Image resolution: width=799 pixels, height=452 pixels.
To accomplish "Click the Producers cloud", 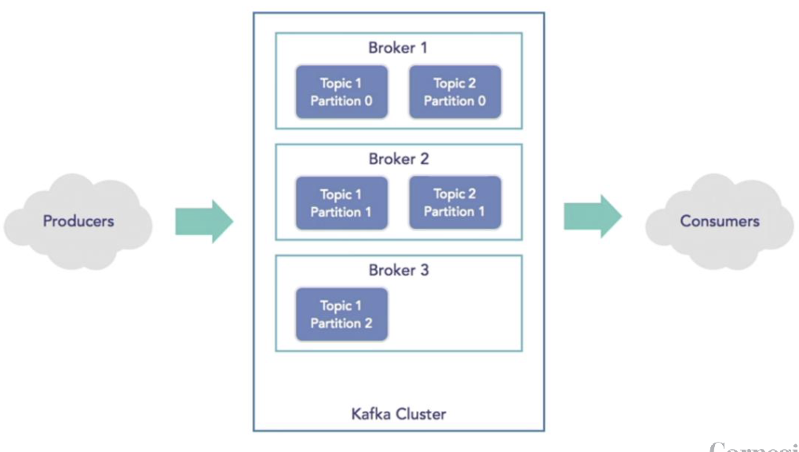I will [x=78, y=222].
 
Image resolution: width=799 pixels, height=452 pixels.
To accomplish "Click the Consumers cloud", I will [x=719, y=222].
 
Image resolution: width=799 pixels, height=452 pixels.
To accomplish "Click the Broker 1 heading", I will [x=398, y=48].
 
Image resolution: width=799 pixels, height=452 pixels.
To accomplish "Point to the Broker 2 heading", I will [x=398, y=159].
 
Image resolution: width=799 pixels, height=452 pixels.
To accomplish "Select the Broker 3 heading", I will [x=398, y=271].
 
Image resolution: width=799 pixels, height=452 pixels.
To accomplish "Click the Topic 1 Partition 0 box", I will [x=341, y=92].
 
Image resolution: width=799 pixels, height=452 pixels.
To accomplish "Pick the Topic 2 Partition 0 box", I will [x=454, y=92].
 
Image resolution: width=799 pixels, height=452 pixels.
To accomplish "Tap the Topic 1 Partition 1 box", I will [x=341, y=203].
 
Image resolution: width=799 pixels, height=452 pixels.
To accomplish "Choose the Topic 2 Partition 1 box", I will [x=454, y=203].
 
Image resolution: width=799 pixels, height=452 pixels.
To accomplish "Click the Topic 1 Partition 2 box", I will [x=341, y=315].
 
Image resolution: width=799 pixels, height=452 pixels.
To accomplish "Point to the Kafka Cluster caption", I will [x=398, y=414].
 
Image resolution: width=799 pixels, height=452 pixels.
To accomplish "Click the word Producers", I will [x=78, y=221].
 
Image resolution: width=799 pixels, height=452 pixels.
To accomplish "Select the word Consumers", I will [x=719, y=221].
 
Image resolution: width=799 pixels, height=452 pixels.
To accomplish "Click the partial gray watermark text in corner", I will [x=753, y=447].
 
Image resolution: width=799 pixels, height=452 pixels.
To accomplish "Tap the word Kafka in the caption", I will [x=371, y=414].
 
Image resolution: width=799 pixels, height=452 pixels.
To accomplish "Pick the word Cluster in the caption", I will [x=421, y=414].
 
